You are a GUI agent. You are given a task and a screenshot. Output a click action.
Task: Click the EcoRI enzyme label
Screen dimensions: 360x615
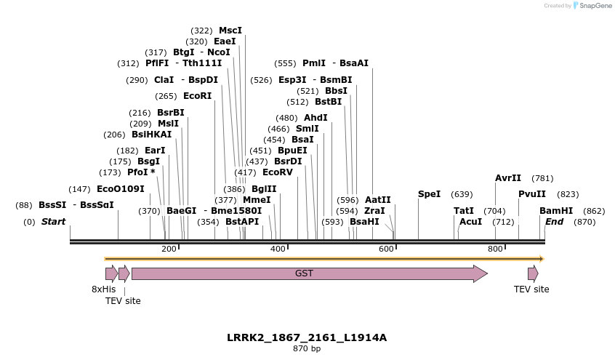(198, 96)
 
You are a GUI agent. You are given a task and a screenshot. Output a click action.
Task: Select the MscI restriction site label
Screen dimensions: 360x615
(230, 31)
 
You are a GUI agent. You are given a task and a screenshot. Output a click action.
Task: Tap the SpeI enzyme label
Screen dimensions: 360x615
(429, 194)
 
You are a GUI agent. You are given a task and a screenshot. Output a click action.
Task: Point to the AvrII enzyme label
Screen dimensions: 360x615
(508, 178)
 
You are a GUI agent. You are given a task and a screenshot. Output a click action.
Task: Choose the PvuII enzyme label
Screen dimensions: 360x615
(532, 194)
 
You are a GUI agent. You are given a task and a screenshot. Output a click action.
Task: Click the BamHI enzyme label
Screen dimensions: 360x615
(556, 211)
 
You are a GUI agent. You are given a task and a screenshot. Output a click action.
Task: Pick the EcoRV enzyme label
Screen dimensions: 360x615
(278, 172)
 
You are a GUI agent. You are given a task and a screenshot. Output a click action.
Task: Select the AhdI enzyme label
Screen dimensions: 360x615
(315, 118)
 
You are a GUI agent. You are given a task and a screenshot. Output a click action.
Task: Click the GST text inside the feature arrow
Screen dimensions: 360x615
(304, 273)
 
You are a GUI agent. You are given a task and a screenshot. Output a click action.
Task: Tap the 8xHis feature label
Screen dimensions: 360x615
(103, 289)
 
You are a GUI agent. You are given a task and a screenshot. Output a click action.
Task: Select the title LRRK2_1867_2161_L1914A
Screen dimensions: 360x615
(307, 337)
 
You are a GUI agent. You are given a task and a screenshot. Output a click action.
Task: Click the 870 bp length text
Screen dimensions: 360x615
(307, 349)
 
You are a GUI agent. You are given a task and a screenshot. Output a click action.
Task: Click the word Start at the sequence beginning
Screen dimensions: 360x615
(53, 222)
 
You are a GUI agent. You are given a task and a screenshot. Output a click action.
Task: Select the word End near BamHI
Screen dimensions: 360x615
(554, 222)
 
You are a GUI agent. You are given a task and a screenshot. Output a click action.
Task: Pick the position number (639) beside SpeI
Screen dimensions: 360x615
(462, 194)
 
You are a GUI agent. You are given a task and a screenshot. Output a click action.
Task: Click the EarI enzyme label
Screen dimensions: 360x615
(155, 151)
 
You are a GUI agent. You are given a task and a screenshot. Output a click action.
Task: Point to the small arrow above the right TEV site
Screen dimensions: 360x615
(533, 273)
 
